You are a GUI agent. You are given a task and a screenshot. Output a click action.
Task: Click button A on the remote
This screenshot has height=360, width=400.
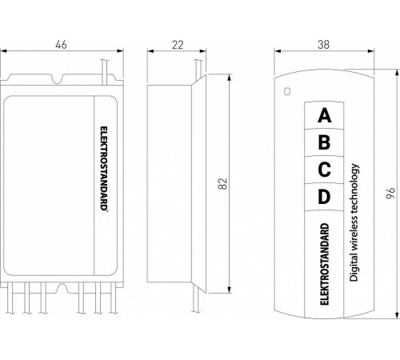pyautogui.click(x=324, y=115)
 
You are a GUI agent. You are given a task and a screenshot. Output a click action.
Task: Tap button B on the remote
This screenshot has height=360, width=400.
pyautogui.click(x=324, y=143)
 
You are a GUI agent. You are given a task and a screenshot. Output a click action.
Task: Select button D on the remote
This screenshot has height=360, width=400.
pyautogui.click(x=324, y=196)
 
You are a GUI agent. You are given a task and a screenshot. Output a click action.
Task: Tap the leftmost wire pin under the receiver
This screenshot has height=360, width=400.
pyautogui.click(x=10, y=305)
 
